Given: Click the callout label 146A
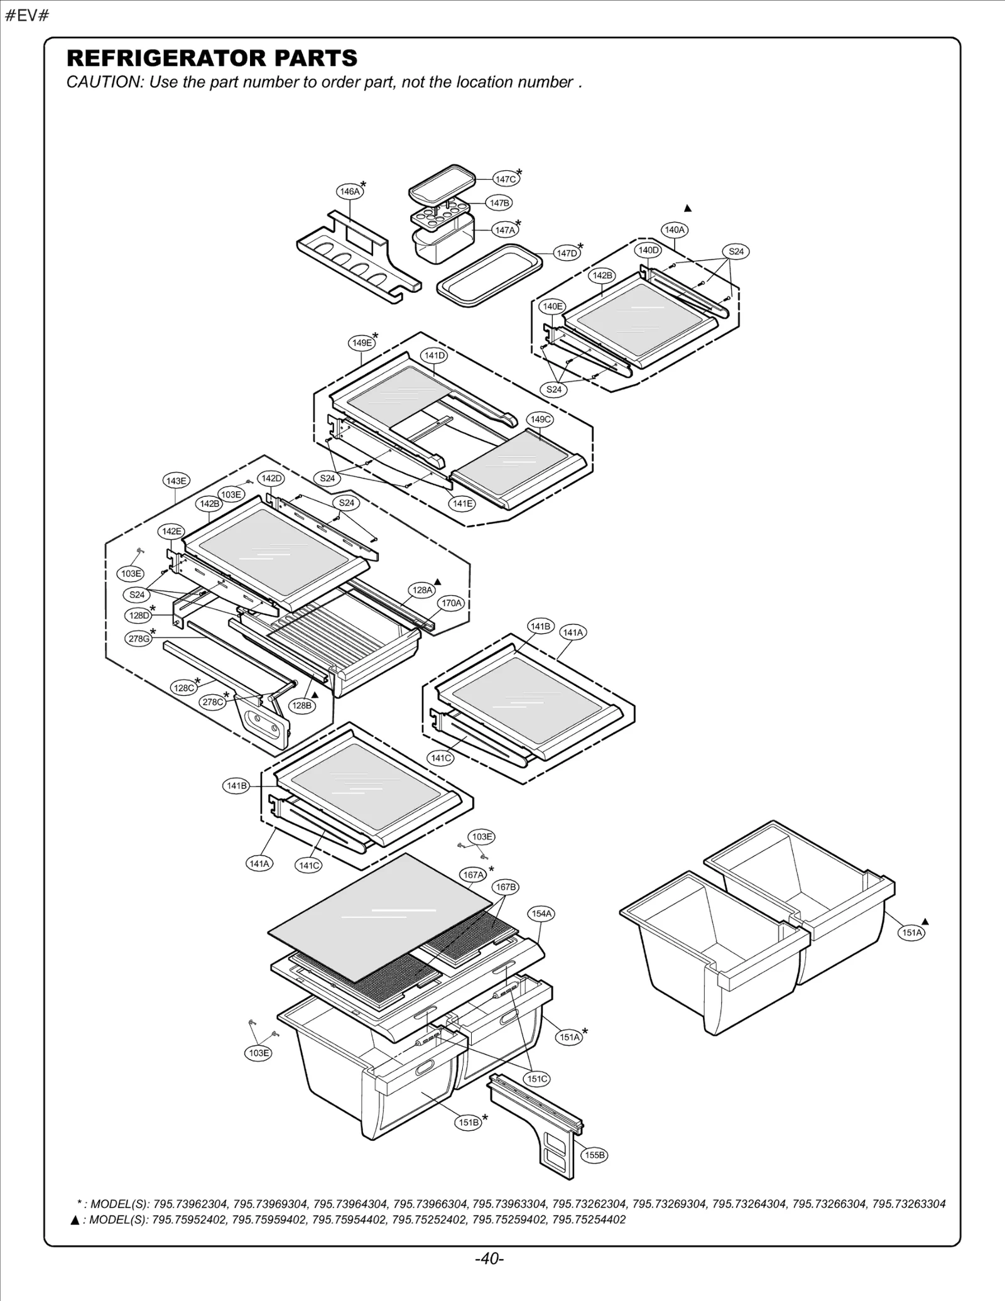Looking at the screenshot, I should pyautogui.click(x=349, y=192).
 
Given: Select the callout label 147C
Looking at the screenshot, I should pyautogui.click(x=506, y=179).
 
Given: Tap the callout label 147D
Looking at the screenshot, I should pyautogui.click(x=567, y=253).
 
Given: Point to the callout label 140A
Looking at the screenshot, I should pyautogui.click(x=675, y=230).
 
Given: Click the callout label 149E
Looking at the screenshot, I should pyautogui.click(x=362, y=343).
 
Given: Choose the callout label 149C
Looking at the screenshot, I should pyautogui.click(x=540, y=419).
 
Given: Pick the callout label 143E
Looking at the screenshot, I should pyautogui.click(x=176, y=481).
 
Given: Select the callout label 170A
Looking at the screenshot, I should pyautogui.click(x=451, y=603).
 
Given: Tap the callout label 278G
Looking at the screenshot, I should pyautogui.click(x=139, y=639).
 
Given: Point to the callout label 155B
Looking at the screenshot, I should pyautogui.click(x=594, y=1155).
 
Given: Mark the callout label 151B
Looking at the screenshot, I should pyautogui.click(x=469, y=1123).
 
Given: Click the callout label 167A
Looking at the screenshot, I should pyautogui.click(x=473, y=874).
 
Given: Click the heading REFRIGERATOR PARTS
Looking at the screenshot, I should pyautogui.click(x=212, y=58).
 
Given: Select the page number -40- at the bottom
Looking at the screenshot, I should pyautogui.click(x=489, y=1259).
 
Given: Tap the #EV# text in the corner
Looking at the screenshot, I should pyautogui.click(x=27, y=15).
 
